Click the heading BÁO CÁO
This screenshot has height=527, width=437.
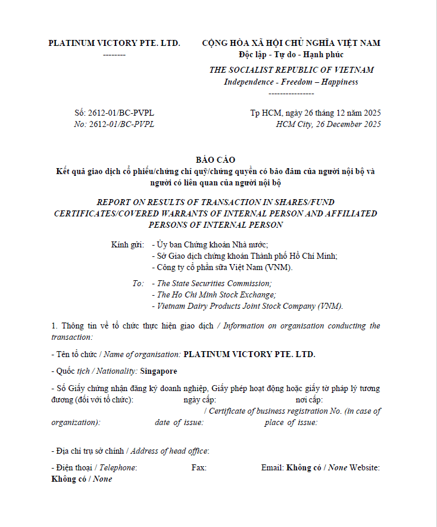click(x=216, y=160)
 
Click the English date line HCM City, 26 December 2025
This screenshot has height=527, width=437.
click(x=329, y=125)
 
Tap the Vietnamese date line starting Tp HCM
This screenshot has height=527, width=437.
click(x=316, y=113)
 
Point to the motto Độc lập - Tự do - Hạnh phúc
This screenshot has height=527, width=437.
click(x=291, y=55)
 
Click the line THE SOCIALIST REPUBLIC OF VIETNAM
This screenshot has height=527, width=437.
click(x=291, y=70)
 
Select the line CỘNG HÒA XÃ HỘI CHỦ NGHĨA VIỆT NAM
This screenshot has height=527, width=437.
click(x=291, y=43)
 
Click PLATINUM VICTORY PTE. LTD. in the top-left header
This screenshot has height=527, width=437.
click(x=114, y=43)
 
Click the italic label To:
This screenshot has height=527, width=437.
click(x=138, y=284)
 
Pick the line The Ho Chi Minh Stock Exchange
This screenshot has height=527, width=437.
click(x=216, y=295)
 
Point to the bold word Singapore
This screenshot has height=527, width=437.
click(x=158, y=371)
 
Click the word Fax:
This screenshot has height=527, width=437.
click(x=199, y=468)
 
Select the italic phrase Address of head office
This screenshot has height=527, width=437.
click(x=169, y=451)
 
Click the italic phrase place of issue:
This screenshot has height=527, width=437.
click(x=291, y=423)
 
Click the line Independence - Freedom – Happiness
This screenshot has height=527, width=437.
click(x=291, y=82)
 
